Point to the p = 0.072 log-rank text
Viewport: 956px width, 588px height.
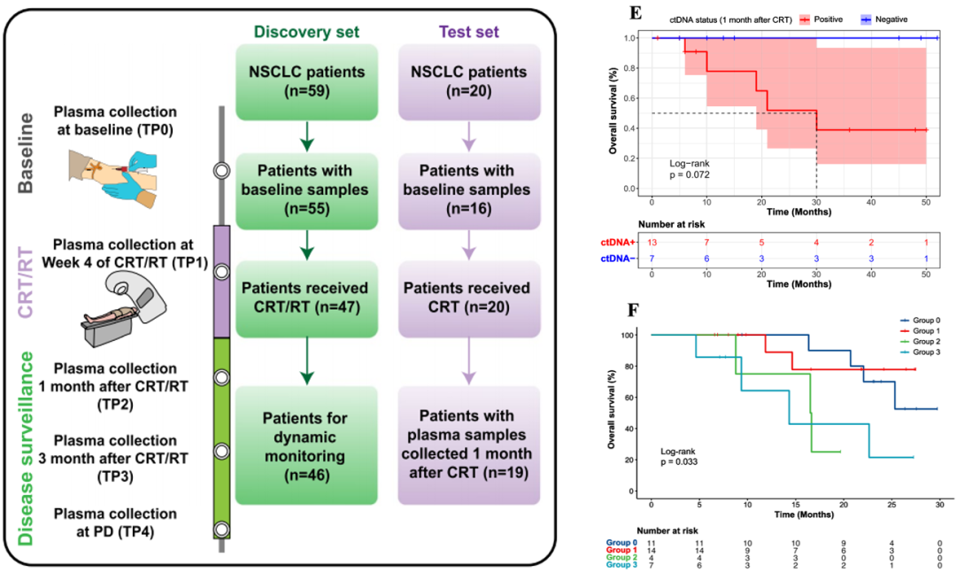690,174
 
